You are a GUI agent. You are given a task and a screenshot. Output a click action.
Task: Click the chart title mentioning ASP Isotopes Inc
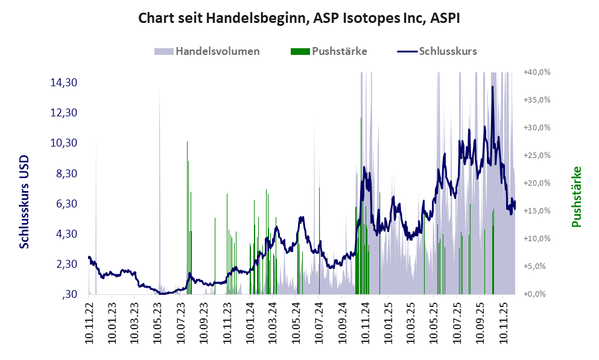(x=299, y=18)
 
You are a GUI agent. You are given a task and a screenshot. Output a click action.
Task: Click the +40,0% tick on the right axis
(x=537, y=72)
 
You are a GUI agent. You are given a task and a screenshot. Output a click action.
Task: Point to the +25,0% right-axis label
(x=537, y=155)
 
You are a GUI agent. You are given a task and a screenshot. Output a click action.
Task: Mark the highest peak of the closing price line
(x=493, y=86)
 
